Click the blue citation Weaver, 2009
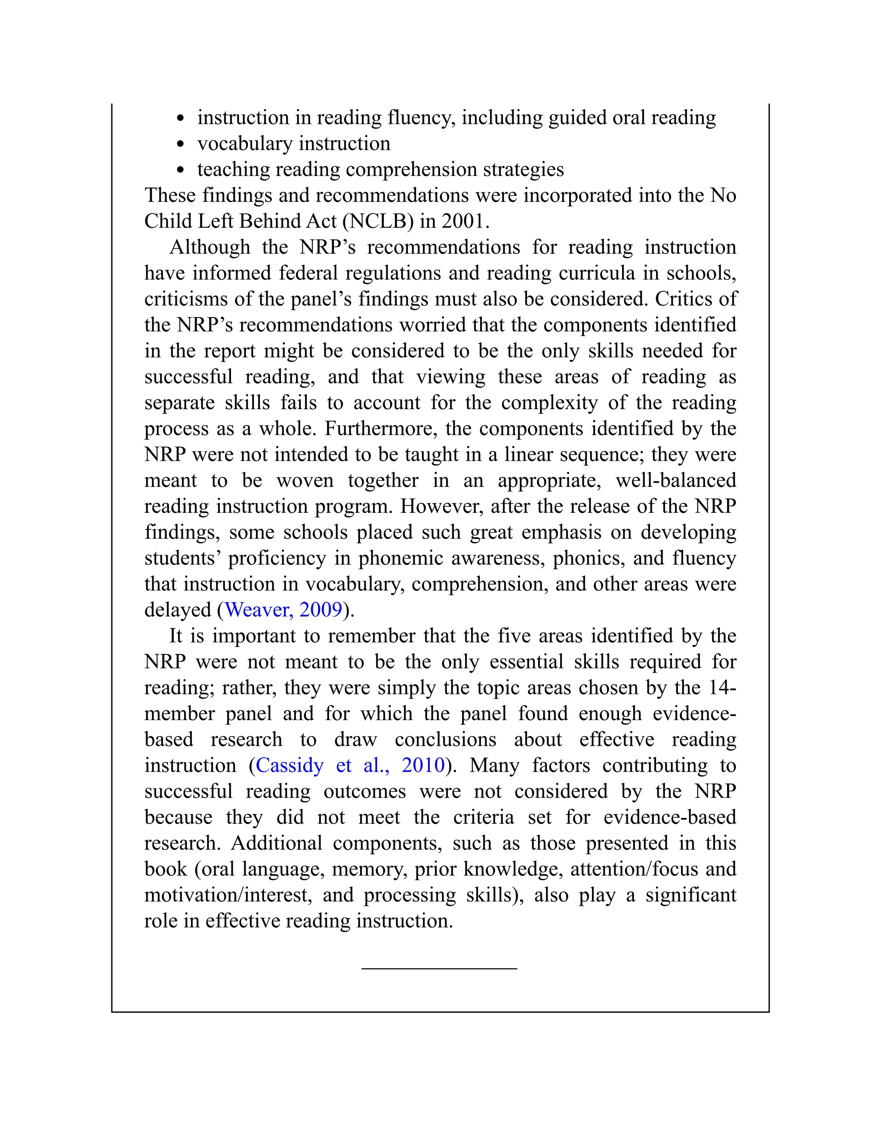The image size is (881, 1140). pos(283,610)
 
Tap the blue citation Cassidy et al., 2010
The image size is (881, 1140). pos(350,765)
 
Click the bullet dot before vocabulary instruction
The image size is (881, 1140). pos(181,144)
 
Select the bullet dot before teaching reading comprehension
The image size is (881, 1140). pos(181,170)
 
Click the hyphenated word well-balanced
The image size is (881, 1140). pos(676,480)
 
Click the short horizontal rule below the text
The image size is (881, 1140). pos(439,969)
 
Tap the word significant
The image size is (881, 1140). pos(690,895)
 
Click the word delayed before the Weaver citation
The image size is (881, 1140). pos(178,610)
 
